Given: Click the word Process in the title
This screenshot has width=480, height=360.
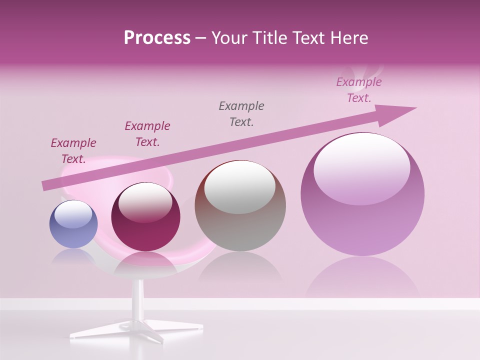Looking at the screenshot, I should coord(157,38).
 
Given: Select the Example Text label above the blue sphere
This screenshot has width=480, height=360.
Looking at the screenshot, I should coord(73,151).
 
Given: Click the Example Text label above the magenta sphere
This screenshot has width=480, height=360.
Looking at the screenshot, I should coord(147,134).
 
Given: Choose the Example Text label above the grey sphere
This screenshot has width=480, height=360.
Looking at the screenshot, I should coord(241,113).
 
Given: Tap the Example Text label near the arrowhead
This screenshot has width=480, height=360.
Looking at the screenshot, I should coord(359,90).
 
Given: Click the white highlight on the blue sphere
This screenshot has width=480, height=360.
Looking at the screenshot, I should coord(73,214).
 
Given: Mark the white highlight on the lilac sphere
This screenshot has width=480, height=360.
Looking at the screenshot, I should coord(361,166).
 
